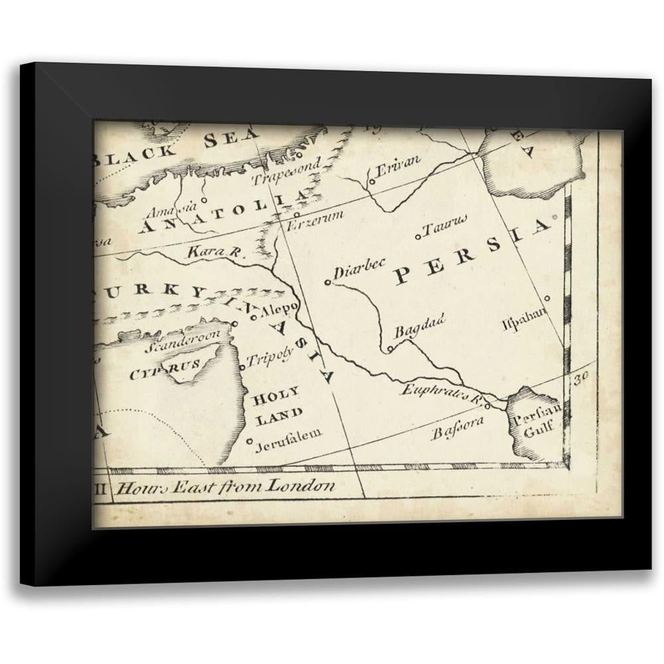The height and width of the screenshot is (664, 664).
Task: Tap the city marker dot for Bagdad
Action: click(x=390, y=349)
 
